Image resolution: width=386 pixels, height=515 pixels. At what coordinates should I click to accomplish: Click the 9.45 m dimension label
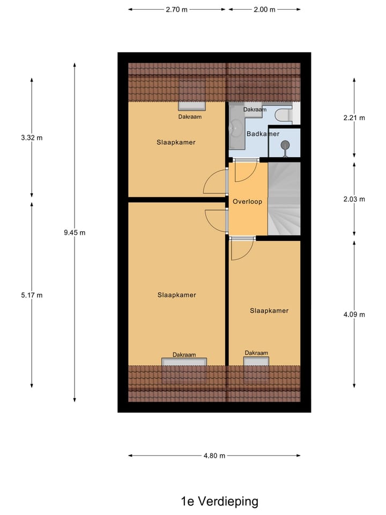[x=75, y=232]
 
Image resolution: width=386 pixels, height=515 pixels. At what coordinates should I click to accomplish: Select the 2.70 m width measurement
[x=177, y=10]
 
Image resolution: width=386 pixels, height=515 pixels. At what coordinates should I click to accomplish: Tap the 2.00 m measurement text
[x=264, y=10]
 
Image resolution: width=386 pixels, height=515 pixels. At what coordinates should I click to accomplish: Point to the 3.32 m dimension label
[x=32, y=137]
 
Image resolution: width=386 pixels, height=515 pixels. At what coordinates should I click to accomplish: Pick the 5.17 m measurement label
[x=32, y=295]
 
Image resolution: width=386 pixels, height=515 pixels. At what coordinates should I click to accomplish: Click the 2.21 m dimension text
[x=354, y=118]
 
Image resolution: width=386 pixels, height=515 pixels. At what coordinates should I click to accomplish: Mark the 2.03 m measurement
[x=354, y=199]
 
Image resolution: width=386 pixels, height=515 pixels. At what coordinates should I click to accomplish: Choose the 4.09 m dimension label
[x=354, y=314]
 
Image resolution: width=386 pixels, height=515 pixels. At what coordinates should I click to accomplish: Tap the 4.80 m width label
[x=214, y=455]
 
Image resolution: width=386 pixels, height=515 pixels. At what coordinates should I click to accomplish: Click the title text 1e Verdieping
[x=219, y=502]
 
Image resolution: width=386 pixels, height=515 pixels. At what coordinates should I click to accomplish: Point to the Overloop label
[x=247, y=202]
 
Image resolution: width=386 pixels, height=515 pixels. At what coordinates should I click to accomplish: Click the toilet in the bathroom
[x=284, y=114]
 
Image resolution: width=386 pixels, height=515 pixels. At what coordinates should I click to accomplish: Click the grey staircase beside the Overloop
[x=284, y=198]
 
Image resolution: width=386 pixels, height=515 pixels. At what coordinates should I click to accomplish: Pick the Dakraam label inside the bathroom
[x=255, y=109]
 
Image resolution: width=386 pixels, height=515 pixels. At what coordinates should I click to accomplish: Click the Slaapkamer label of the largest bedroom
[x=176, y=295]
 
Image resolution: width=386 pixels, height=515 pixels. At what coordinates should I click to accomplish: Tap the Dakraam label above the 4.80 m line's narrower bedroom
[x=256, y=352]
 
